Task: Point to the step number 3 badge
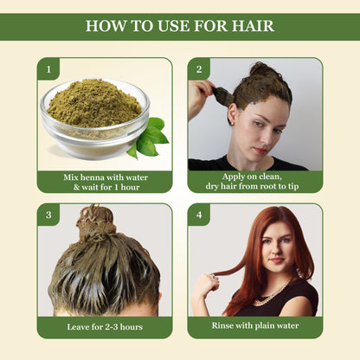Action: point(48,215)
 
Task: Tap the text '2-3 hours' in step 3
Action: point(119,327)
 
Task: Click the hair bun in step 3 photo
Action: point(96,223)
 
